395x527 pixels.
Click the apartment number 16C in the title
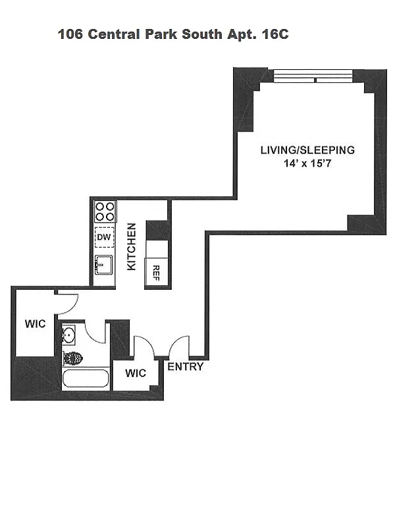[x=275, y=34]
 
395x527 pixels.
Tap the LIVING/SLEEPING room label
[x=307, y=150]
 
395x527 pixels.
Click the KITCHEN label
[x=131, y=246]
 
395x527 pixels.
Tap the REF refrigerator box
[x=157, y=271]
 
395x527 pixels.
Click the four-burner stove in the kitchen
[x=104, y=211]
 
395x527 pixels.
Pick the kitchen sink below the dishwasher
[x=103, y=265]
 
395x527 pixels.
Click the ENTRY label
[x=186, y=367]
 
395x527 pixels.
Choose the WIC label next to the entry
[x=136, y=374]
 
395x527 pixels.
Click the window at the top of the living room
[x=315, y=78]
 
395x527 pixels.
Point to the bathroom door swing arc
[x=96, y=333]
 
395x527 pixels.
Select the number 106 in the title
[x=70, y=34]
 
